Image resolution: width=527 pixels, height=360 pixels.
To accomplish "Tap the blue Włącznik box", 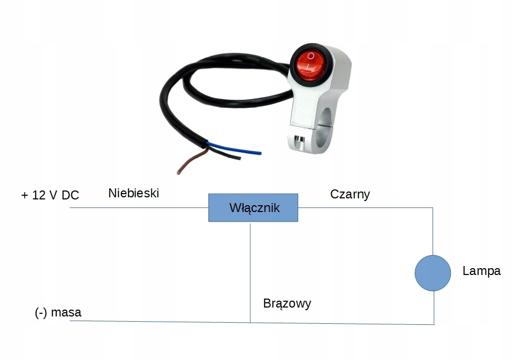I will [254, 208].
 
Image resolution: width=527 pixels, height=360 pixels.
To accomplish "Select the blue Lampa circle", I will [433, 273].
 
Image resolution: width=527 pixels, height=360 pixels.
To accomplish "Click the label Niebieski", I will [133, 193].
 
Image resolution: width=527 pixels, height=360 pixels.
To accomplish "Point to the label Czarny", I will [350, 194].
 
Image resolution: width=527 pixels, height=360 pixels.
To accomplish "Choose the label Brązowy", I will [287, 303].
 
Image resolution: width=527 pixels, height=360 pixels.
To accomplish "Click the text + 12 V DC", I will [50, 195].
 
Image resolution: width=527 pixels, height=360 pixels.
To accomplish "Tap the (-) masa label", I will [58, 313].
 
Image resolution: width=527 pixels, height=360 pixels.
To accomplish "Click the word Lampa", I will [481, 271].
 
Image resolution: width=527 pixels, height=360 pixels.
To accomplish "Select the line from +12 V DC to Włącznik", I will [139, 207].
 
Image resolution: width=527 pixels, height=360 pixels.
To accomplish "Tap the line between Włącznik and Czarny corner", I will [365, 207].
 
